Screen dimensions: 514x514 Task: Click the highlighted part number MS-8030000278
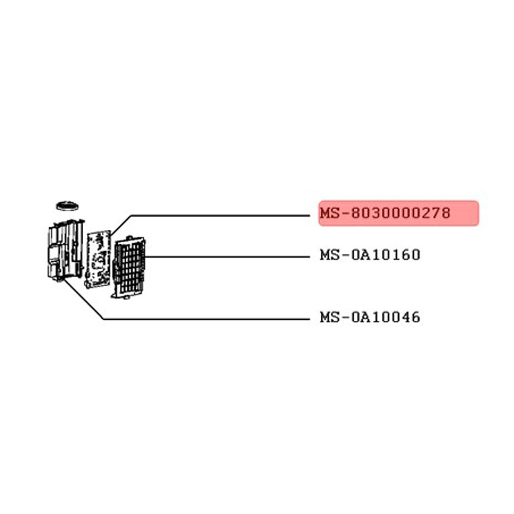tap(385, 213)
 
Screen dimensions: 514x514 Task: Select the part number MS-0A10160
tap(370, 255)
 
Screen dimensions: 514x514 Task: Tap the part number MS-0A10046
tap(370, 317)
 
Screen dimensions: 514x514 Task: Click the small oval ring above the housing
tap(67, 206)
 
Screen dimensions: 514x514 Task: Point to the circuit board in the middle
tap(98, 259)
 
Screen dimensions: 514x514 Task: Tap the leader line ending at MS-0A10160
tap(227, 256)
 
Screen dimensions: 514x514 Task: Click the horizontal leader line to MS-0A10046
tap(207, 319)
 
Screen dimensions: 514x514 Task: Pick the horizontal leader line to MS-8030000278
tap(221, 216)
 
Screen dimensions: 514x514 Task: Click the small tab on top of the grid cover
tap(129, 237)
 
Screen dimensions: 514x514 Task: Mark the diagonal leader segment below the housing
tap(84, 299)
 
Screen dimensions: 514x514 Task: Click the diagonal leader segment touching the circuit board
tap(121, 225)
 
